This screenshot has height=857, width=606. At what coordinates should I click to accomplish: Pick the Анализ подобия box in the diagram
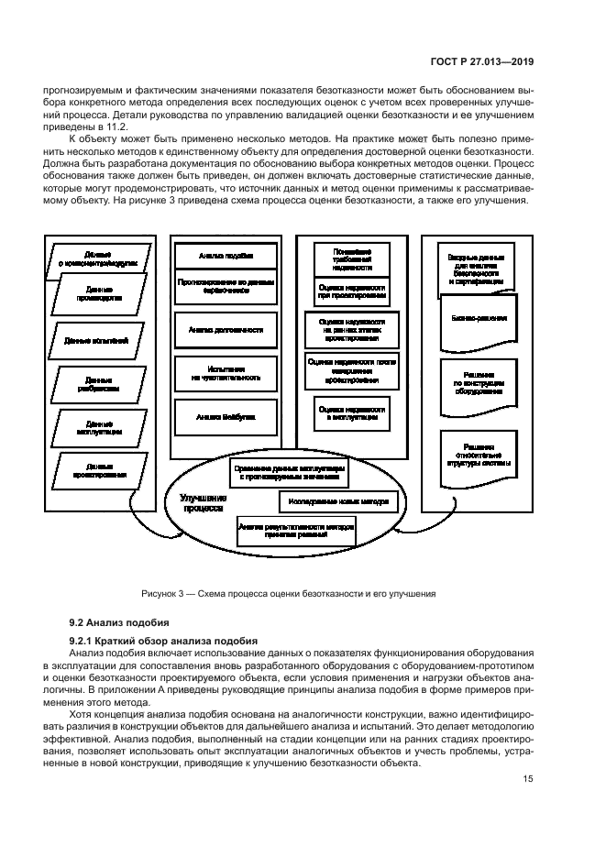click(x=226, y=256)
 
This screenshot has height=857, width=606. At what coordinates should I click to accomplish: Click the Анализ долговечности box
click(x=226, y=329)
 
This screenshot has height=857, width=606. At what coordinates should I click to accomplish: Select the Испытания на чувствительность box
click(x=226, y=372)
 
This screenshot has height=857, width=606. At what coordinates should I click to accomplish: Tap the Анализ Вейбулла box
click(x=226, y=416)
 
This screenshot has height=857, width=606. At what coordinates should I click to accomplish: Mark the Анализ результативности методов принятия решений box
click(x=295, y=532)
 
